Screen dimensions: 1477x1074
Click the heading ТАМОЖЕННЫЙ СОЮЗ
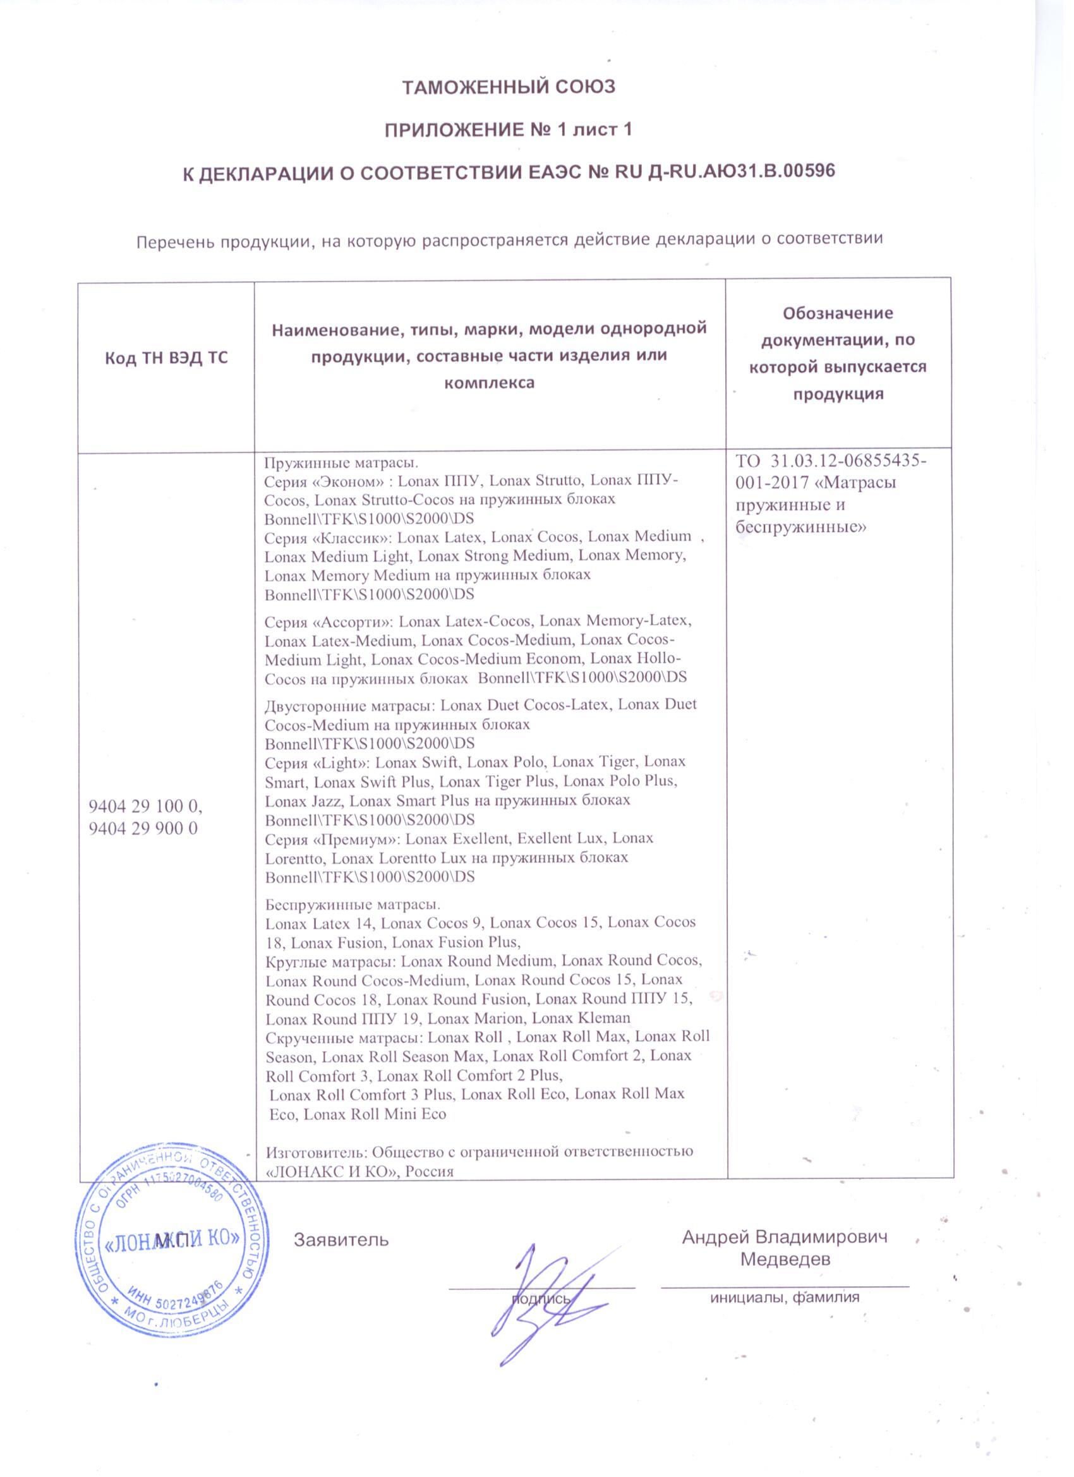(x=509, y=87)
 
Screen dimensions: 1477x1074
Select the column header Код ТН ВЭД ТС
(x=166, y=358)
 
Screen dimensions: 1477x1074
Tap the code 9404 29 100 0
(x=145, y=806)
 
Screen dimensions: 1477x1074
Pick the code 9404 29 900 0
(x=143, y=828)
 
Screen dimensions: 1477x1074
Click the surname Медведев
(x=785, y=1260)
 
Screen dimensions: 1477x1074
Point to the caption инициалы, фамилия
(x=784, y=1297)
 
